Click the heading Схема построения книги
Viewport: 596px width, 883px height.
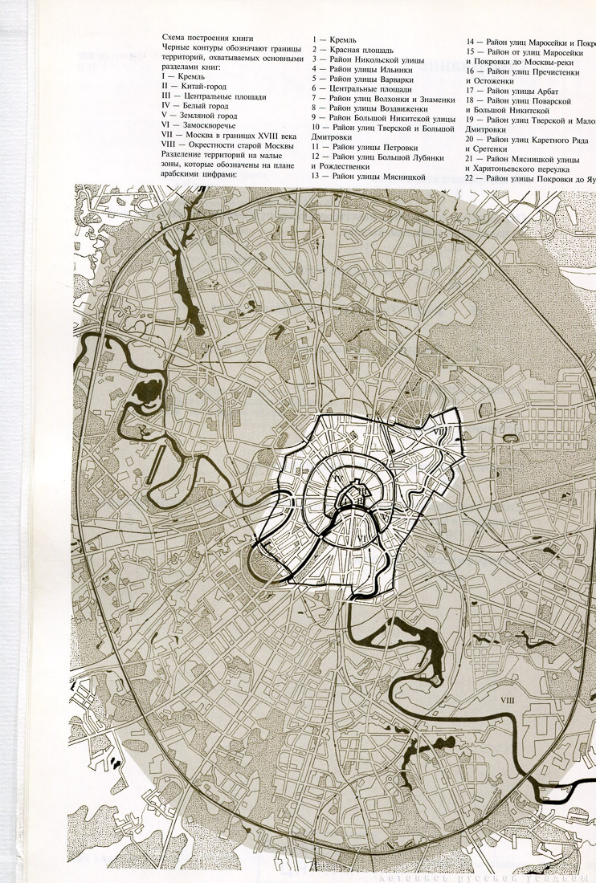coord(207,39)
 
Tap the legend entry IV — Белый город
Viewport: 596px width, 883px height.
coord(194,106)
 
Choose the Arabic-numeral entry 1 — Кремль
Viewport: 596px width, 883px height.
coord(336,39)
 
